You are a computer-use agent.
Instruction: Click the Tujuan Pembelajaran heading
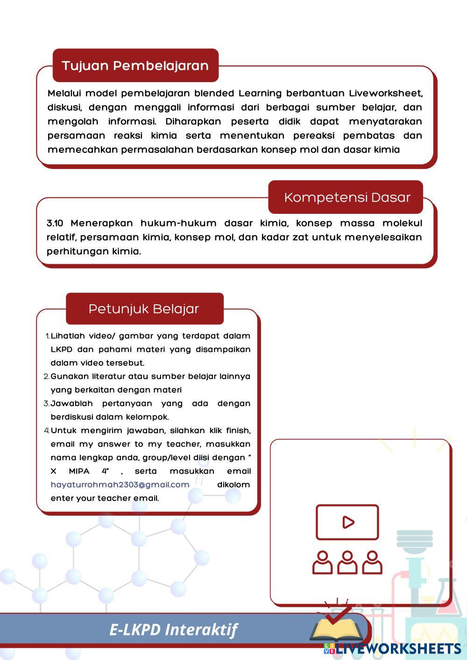tap(135, 65)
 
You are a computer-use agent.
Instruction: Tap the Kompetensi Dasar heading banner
tap(347, 197)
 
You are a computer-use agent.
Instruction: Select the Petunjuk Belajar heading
tap(144, 309)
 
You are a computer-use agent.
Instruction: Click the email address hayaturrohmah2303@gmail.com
tap(120, 484)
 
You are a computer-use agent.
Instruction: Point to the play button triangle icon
tap(348, 522)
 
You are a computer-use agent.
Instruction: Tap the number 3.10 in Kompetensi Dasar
tap(55, 223)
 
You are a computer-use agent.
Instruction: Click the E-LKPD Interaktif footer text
tap(173, 630)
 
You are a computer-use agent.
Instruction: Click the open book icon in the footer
tap(337, 631)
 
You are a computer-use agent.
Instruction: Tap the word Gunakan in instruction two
tap(69, 376)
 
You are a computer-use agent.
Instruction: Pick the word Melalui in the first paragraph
tap(63, 93)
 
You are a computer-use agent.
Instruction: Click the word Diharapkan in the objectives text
tap(194, 121)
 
